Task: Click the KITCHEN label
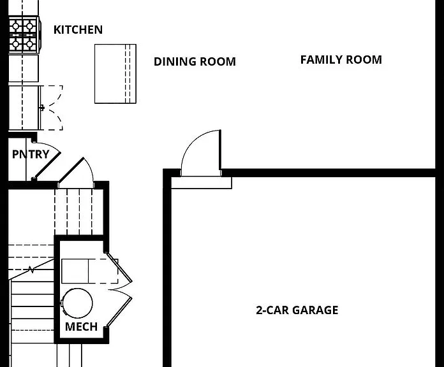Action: coord(78,30)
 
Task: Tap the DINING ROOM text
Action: coord(195,62)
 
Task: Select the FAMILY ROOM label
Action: coord(341,60)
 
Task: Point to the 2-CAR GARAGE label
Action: coord(297,310)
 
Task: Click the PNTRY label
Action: coord(31,154)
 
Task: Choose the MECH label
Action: coord(81,327)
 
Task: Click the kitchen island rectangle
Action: coord(115,74)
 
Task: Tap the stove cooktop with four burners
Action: coord(24,35)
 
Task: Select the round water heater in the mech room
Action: coord(77,303)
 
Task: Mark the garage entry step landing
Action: coord(202,183)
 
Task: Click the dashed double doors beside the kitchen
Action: coord(52,108)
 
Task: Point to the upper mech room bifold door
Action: coord(119,267)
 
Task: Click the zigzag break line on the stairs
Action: coord(31,270)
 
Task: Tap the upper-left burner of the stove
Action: coord(15,26)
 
